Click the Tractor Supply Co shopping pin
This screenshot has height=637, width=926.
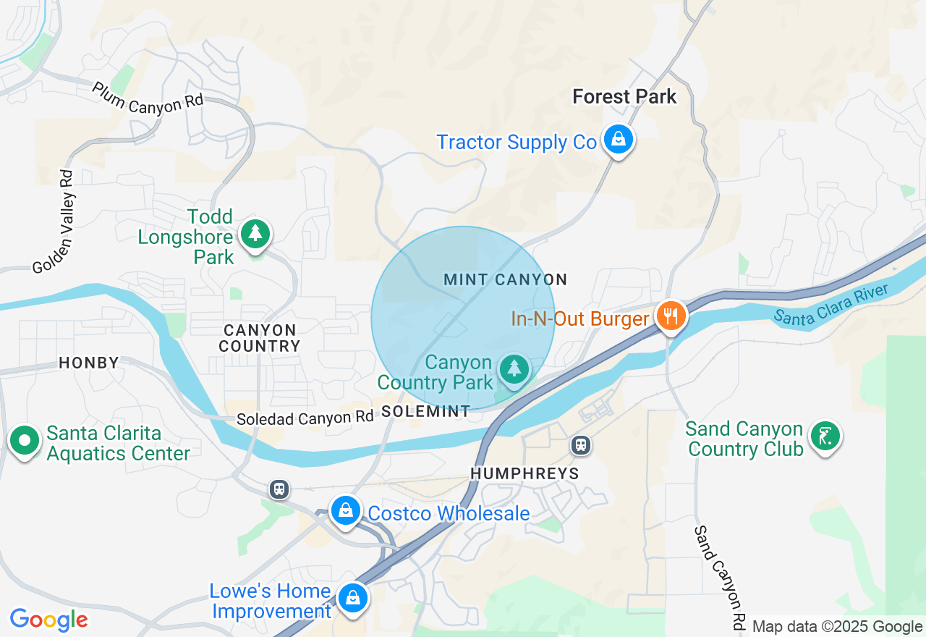pos(618,139)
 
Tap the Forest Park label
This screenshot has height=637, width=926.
pos(624,96)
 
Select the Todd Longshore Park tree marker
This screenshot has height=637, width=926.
pos(255,234)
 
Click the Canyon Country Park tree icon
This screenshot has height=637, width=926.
pos(514,369)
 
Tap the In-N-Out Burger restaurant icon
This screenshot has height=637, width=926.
pos(671,316)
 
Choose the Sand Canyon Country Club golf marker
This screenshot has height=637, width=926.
pos(825,436)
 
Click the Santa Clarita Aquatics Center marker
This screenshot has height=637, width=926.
pos(25,440)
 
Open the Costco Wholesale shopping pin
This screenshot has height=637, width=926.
pos(346,511)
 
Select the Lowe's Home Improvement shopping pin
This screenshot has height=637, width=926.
pos(352,599)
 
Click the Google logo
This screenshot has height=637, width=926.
pos(48,620)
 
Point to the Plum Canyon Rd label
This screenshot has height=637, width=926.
pos(148,97)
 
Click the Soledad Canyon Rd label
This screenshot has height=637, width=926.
pos(305,418)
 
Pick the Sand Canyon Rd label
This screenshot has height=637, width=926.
pos(719,576)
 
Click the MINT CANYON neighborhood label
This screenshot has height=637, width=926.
pos(505,279)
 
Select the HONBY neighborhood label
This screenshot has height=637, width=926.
pos(89,363)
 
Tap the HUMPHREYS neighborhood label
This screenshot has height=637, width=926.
pos(524,473)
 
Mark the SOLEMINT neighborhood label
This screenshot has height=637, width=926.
pos(425,411)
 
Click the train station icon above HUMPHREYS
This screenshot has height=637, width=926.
pos(580,445)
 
